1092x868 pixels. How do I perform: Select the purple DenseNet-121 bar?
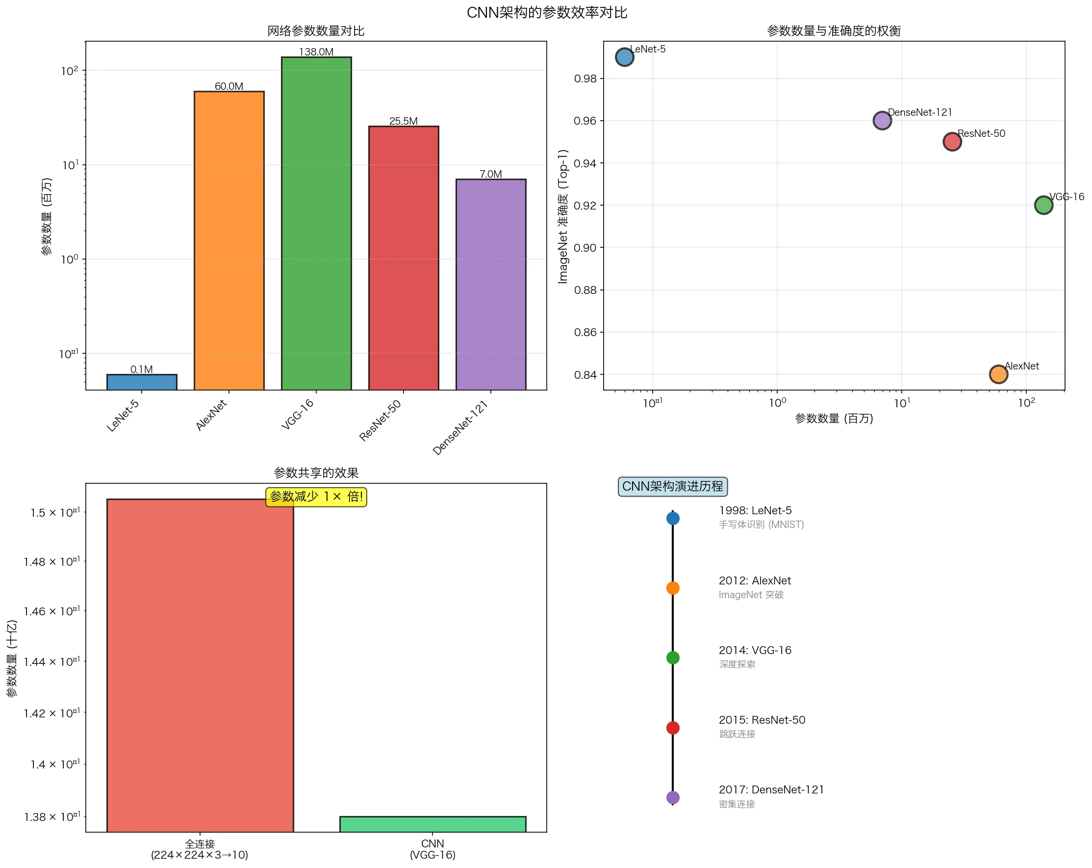(x=491, y=284)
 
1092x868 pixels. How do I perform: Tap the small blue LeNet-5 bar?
(x=142, y=382)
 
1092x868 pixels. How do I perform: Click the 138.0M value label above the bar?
(x=316, y=52)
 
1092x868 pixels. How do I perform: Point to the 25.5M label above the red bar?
(x=403, y=121)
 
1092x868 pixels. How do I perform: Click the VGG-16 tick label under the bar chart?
(x=298, y=414)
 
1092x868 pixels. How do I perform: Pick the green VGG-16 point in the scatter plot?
(x=1043, y=205)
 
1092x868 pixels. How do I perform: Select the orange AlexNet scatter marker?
(x=998, y=374)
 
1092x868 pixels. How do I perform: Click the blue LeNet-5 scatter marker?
(x=625, y=57)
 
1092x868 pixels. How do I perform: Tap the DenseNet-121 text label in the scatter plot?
(x=920, y=112)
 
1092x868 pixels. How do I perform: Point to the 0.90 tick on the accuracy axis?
(x=585, y=248)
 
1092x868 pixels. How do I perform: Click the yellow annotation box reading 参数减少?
(x=316, y=497)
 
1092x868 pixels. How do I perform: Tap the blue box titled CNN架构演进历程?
(x=673, y=486)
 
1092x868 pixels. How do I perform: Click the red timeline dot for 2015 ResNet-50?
(x=673, y=728)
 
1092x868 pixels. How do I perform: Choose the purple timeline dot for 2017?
(x=673, y=797)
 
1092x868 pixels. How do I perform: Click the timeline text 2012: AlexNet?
(x=755, y=580)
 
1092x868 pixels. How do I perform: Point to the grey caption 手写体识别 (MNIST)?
(x=761, y=525)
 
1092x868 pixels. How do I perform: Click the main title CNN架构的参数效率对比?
(x=547, y=13)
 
